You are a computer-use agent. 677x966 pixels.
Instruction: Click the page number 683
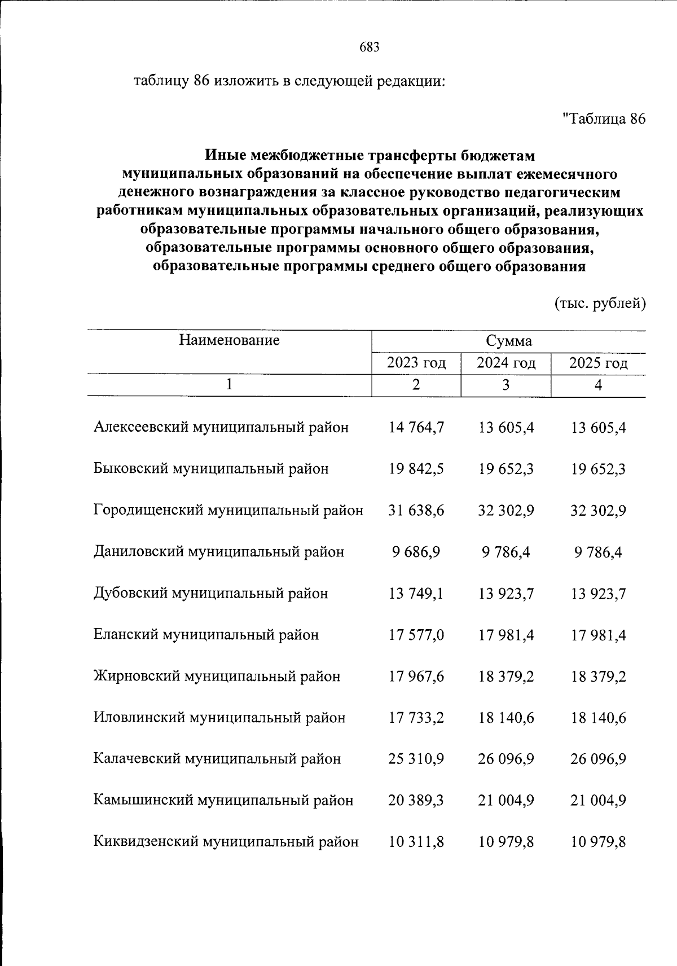[370, 47]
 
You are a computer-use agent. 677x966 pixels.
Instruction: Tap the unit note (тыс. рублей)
[600, 304]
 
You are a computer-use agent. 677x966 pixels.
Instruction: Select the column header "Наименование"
[230, 340]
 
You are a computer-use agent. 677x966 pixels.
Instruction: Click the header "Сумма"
[509, 341]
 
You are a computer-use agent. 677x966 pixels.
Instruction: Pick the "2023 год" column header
[416, 363]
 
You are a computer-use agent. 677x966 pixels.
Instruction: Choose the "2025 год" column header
[599, 363]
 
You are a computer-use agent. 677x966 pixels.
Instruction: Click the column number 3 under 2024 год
[506, 385]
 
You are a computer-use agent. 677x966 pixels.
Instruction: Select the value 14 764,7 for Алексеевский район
[416, 428]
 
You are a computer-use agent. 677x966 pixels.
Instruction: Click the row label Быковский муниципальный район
[211, 469]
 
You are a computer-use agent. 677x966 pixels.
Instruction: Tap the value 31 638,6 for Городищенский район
[416, 511]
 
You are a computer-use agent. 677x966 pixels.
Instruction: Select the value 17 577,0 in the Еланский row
[416, 635]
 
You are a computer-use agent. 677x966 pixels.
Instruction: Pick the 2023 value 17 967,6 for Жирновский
[416, 677]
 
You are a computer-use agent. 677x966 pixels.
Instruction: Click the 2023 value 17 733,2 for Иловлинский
[416, 718]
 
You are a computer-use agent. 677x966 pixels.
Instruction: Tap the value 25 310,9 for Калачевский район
[416, 759]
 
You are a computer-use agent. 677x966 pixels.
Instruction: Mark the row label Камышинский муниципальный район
[223, 801]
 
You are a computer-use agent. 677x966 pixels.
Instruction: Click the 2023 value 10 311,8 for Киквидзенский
[416, 842]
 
